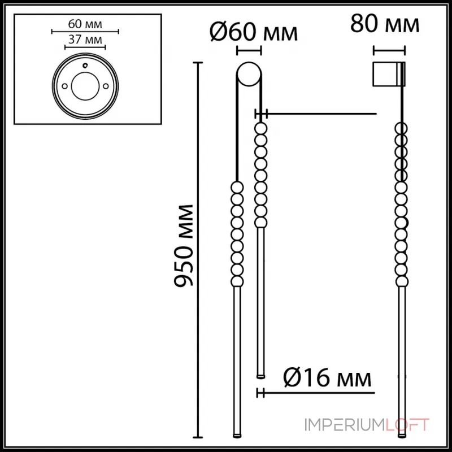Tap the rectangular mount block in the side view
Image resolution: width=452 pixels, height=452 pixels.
click(388, 73)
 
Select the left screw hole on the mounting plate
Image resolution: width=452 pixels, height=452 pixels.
click(65, 86)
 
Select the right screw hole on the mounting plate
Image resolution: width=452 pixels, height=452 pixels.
click(106, 86)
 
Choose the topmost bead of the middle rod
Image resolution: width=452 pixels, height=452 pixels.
click(260, 129)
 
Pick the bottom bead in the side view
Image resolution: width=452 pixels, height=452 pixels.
click(402, 281)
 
